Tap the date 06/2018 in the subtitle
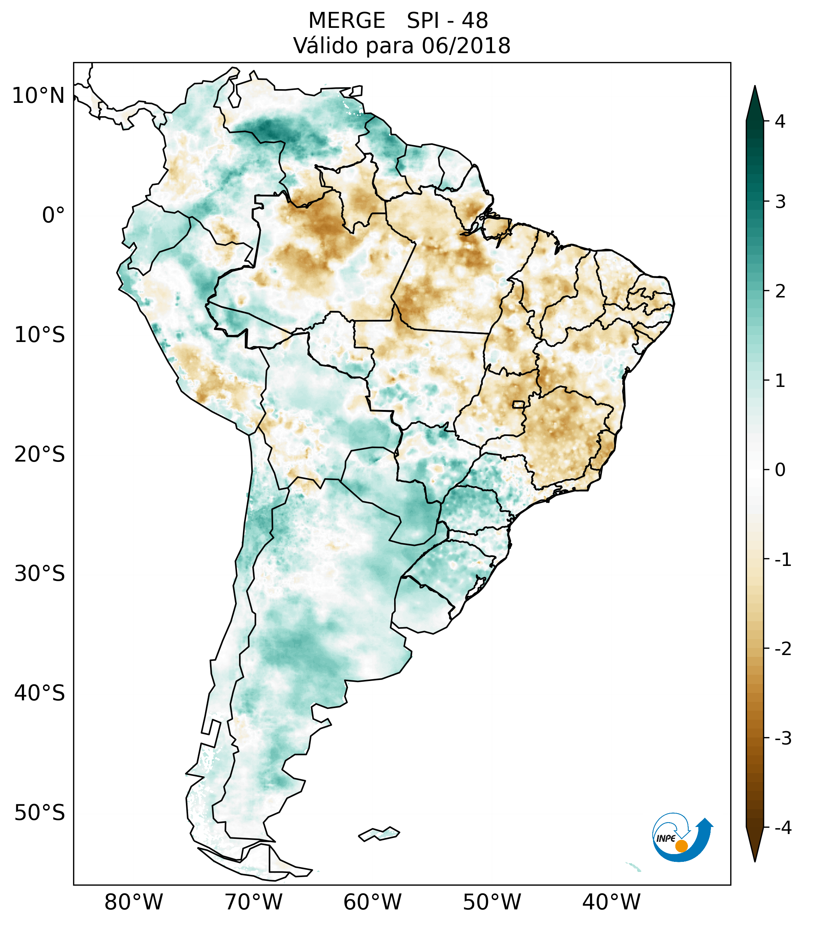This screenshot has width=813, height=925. point(466,46)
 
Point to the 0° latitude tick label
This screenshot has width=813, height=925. point(53,215)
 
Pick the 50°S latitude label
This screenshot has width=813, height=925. point(40,813)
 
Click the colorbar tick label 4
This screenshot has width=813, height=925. point(780,121)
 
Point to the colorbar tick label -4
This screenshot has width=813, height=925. point(783,828)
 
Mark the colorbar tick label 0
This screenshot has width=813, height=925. point(780,470)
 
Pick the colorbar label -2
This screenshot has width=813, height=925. point(783,649)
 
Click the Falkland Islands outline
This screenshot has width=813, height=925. point(379,833)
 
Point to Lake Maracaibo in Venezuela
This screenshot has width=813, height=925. point(234,95)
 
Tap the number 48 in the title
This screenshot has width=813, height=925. point(475,21)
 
